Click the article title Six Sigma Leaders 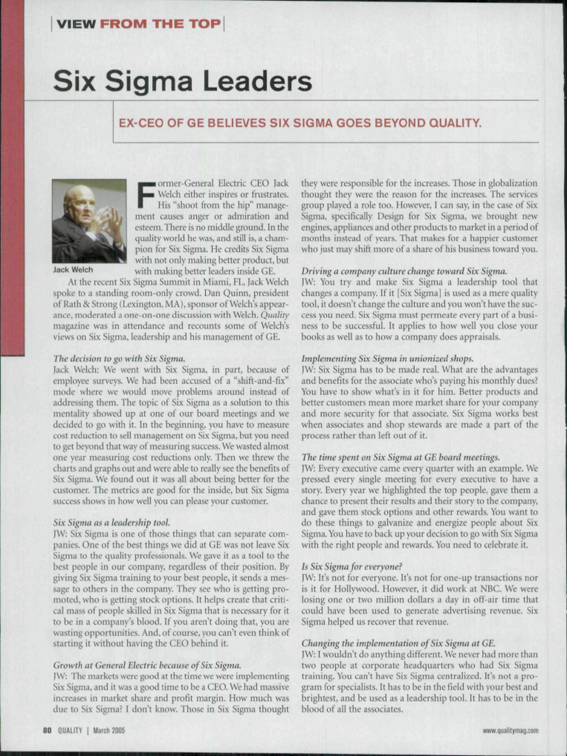182,81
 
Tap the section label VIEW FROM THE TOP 138,24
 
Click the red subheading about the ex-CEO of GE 300,122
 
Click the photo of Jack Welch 89,221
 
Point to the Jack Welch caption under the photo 72,270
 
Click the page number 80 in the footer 46,731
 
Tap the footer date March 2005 109,731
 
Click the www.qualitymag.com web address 510,731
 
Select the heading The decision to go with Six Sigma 119,358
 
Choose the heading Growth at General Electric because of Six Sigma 147,664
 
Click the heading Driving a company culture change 404,271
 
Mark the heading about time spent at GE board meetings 400,457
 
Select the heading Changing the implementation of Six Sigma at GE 398,643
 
